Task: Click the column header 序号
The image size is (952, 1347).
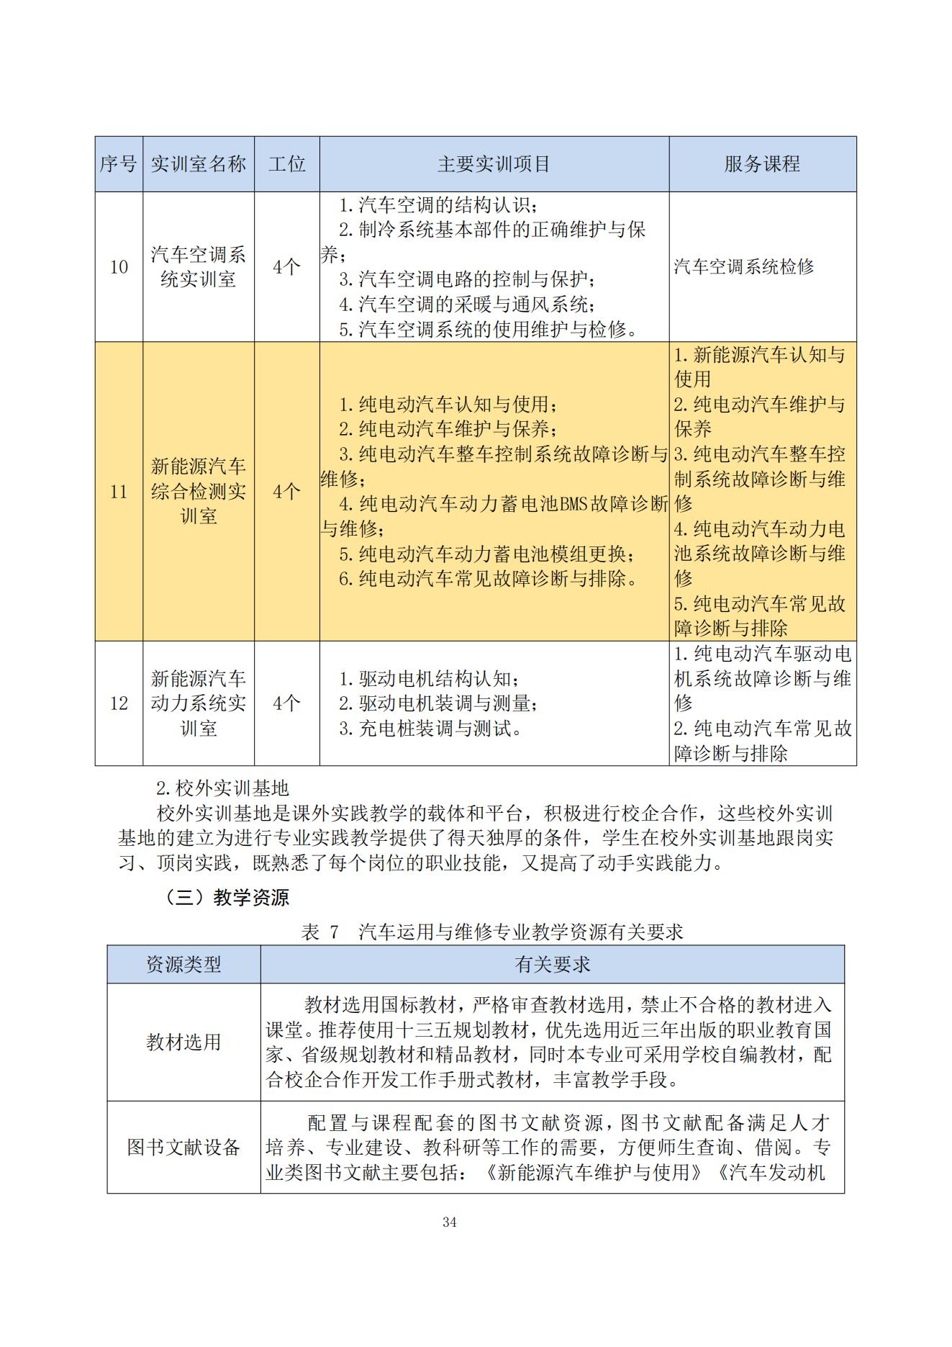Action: pos(118,164)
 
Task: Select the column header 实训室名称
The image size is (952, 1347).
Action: pos(198,164)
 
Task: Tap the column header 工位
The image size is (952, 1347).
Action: pos(286,164)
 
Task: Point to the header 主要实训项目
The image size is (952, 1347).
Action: pos(494,164)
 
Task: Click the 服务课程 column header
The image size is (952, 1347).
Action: pos(762,164)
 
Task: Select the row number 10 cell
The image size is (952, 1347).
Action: pos(119,267)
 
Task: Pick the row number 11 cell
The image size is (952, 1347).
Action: pos(119,492)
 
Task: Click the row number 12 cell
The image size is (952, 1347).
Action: pos(119,703)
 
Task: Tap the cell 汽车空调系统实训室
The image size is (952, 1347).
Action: pos(198,266)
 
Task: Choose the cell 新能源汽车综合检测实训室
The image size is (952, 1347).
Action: pos(198,491)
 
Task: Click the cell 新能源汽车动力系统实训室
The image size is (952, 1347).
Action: pos(198,703)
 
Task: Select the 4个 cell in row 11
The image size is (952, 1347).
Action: pos(286,492)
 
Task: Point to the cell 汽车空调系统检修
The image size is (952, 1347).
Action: pos(743,267)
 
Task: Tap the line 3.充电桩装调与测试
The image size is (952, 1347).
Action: pos(430,729)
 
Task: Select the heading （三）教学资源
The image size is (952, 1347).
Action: pos(227,898)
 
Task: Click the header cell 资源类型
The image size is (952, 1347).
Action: pos(183,964)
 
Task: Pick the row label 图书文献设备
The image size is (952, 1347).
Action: pos(183,1147)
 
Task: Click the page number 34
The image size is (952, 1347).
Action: pos(450,1222)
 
